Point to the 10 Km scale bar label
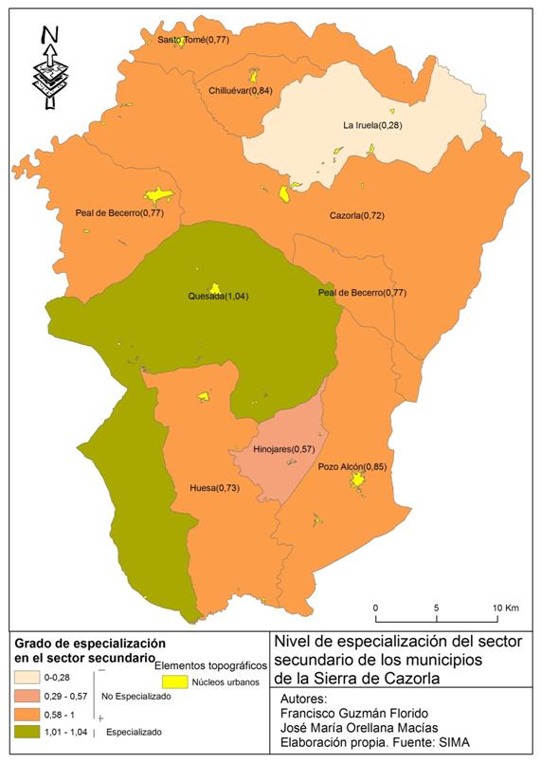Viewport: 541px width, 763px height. tap(501, 607)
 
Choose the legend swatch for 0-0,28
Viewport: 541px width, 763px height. tap(31, 677)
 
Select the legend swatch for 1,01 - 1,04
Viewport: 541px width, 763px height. tap(31, 732)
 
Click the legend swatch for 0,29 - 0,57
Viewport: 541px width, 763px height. tap(31, 695)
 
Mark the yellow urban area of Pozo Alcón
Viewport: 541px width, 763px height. tap(357, 482)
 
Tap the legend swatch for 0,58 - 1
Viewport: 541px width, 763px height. tap(31, 713)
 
